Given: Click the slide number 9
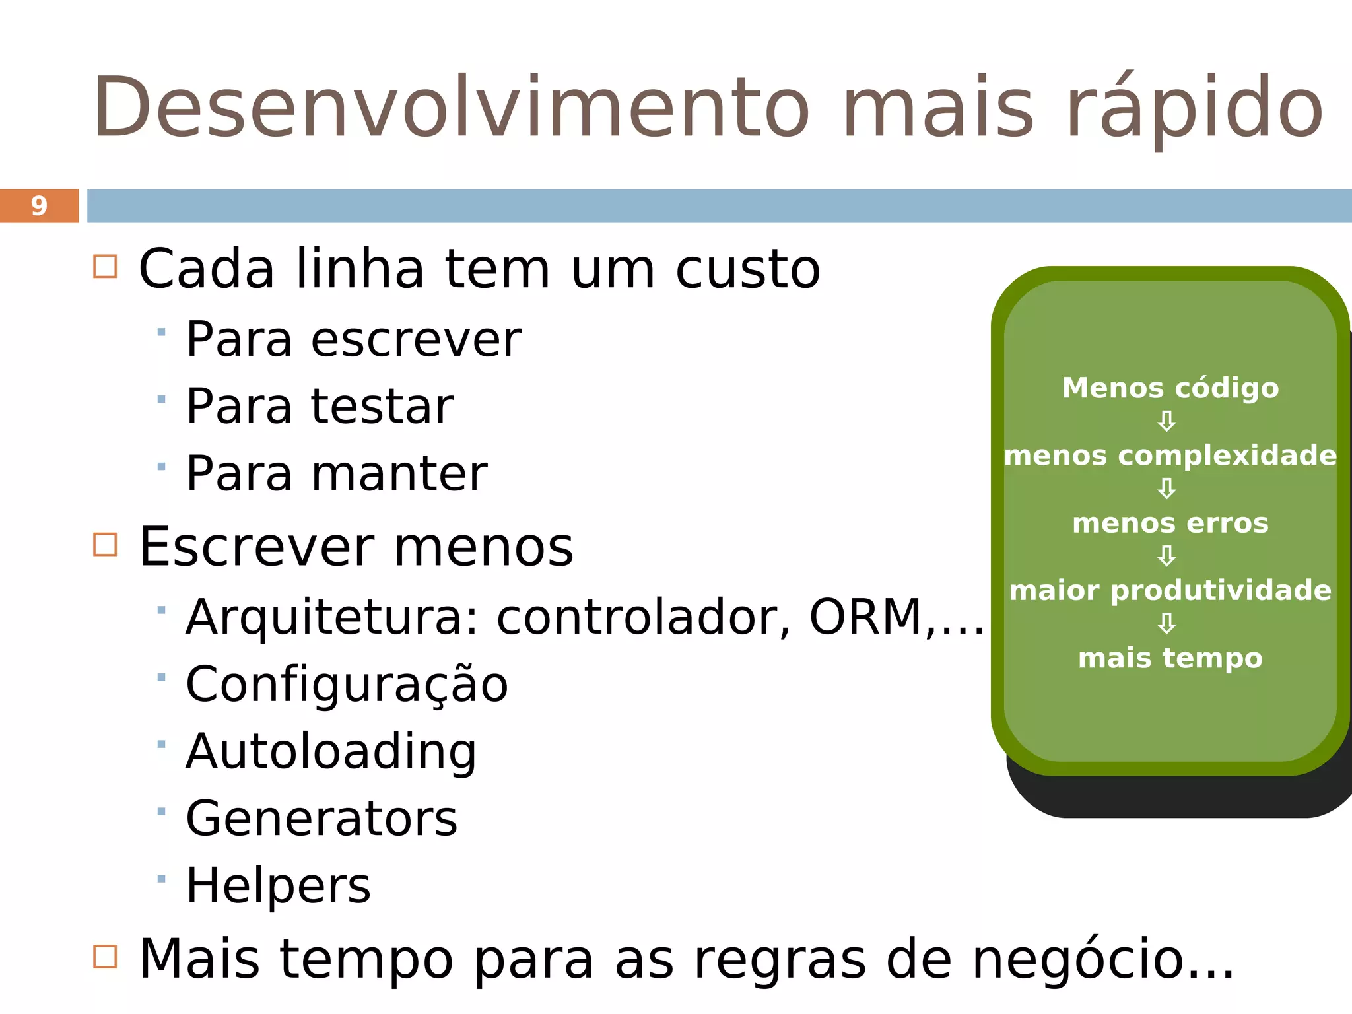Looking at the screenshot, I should coord(39,206).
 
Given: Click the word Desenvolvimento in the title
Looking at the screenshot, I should coord(451,108).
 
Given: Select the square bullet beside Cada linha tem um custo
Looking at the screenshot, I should coord(105,267).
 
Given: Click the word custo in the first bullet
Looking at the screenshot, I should coord(747,269).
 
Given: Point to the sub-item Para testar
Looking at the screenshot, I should coord(320,406).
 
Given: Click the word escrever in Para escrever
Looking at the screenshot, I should coord(416,340).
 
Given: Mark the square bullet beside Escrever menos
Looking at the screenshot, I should coord(105,545).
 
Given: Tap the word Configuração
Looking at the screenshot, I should coord(347,685).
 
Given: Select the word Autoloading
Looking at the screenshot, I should coord(331,752).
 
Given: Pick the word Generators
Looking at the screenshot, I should coord(321,819).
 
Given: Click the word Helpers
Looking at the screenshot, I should coord(278,886).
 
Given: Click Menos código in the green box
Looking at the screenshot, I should coord(1170,388).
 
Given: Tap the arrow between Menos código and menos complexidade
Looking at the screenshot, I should coord(1166,421).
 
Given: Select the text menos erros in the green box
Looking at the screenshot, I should coord(1170,524).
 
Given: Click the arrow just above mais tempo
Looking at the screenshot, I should coord(1166,624).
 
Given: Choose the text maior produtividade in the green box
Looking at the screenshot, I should coord(1170,591).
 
